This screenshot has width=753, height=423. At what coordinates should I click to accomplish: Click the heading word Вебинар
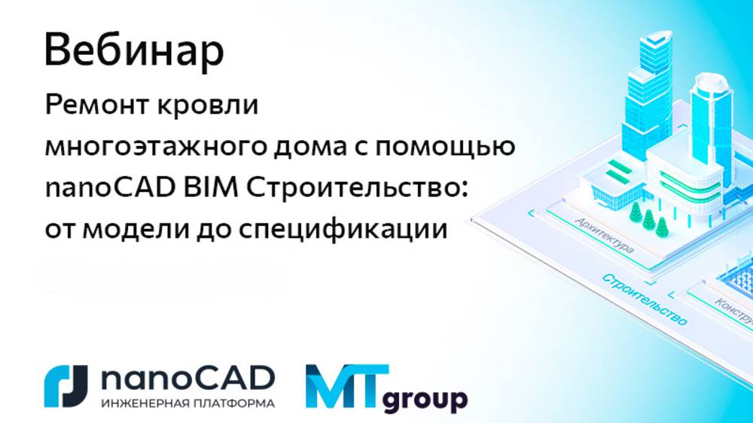tap(134, 50)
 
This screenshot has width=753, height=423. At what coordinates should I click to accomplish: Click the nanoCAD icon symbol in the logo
tap(66, 386)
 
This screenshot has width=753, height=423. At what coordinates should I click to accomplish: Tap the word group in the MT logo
tap(425, 399)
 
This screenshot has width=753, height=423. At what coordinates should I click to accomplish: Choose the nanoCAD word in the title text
tap(105, 188)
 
